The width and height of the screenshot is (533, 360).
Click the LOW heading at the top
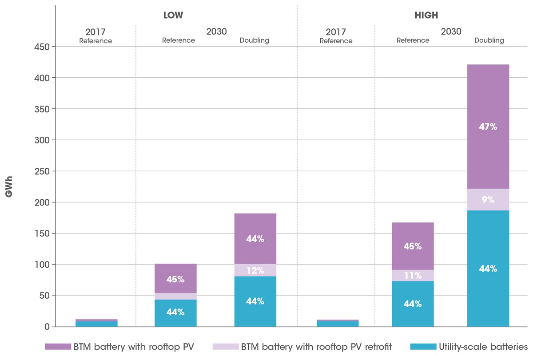click(x=173, y=15)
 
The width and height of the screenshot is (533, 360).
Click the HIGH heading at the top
click(x=426, y=15)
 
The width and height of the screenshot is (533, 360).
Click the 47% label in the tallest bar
click(x=488, y=127)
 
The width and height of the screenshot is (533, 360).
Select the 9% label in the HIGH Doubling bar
click(x=488, y=200)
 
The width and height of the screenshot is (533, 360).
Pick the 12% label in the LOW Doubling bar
click(x=255, y=270)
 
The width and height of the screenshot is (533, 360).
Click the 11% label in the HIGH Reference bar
click(x=413, y=276)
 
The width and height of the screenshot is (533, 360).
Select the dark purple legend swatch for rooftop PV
click(x=58, y=346)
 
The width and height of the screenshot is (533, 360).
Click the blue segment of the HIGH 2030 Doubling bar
click(x=488, y=269)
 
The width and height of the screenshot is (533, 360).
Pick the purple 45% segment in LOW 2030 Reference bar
click(x=175, y=279)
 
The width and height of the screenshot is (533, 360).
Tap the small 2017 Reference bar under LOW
click(x=96, y=323)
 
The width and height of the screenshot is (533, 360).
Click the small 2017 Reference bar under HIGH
click(x=338, y=323)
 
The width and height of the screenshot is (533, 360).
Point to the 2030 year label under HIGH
click(x=451, y=32)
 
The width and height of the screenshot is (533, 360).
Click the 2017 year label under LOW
click(x=96, y=32)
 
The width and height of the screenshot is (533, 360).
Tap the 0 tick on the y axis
click(x=47, y=327)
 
